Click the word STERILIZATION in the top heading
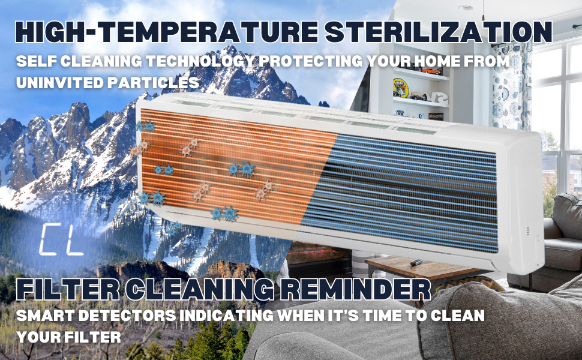pos(439,32)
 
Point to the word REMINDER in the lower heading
pos(355,289)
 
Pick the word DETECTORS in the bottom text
pos(127,316)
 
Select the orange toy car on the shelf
pos(432,71)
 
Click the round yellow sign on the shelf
pos(401,88)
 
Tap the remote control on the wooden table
pos(416,262)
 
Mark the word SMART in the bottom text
pos(45,316)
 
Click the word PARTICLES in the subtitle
pos(154,82)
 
